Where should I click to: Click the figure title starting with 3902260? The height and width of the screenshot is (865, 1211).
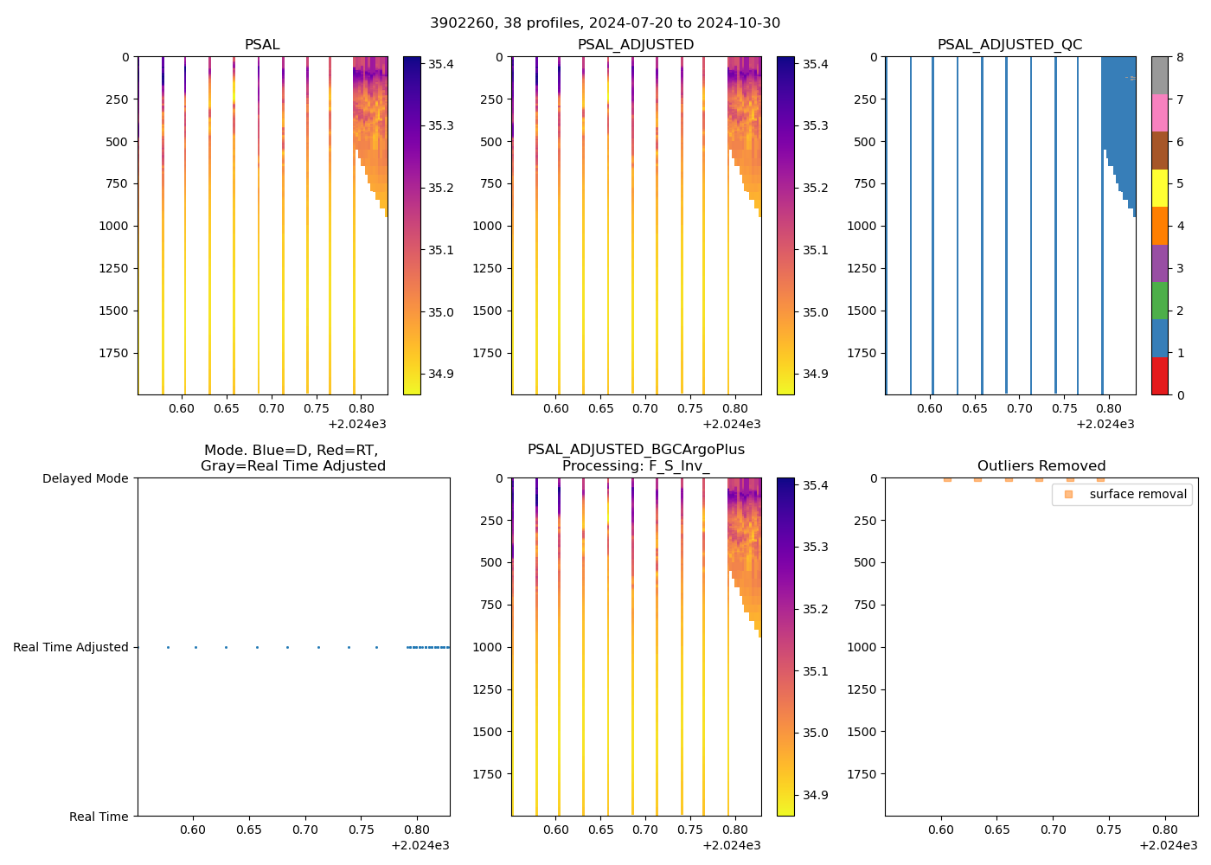pyautogui.click(x=605, y=22)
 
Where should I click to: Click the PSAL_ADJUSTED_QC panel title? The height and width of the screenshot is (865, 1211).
pyautogui.click(x=1009, y=44)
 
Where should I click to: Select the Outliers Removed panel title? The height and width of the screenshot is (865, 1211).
pyautogui.click(x=1041, y=465)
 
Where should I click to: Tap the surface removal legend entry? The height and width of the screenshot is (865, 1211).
pyautogui.click(x=1137, y=494)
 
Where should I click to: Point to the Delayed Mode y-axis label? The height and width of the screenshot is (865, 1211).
pyautogui.click(x=85, y=478)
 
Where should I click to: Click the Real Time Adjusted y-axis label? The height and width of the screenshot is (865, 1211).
pyautogui.click(x=71, y=647)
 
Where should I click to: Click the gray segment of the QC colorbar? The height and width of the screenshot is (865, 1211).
pyautogui.click(x=1159, y=75)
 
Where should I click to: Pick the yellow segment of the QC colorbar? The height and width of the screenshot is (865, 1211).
pyautogui.click(x=1159, y=188)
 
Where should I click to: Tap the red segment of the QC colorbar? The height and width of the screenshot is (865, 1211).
pyautogui.click(x=1159, y=376)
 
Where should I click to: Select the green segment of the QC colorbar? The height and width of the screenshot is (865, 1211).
pyautogui.click(x=1159, y=300)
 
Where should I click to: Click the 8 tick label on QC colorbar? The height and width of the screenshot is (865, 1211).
pyautogui.click(x=1179, y=57)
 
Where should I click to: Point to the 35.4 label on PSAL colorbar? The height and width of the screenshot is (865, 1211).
pyautogui.click(x=441, y=64)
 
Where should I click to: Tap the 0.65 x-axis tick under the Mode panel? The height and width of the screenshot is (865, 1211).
pyautogui.click(x=249, y=829)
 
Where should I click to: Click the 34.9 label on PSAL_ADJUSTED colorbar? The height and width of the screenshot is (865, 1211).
pyautogui.click(x=816, y=374)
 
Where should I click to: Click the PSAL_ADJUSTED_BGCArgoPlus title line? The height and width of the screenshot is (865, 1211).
pyautogui.click(x=636, y=450)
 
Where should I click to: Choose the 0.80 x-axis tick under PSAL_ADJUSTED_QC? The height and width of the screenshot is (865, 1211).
pyautogui.click(x=1109, y=408)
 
